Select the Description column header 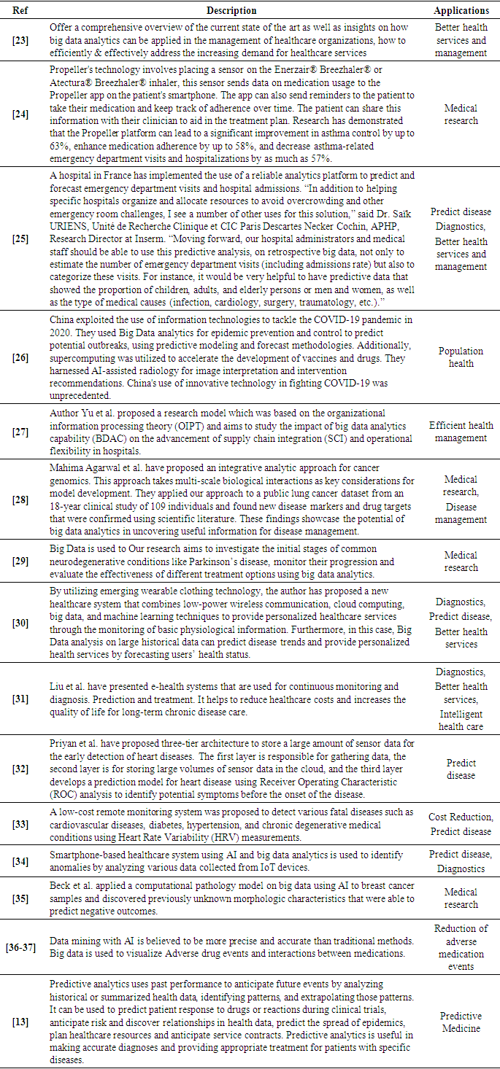231,11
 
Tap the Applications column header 461,11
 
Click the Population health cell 461,357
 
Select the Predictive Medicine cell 461,1022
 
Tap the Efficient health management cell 461,432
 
